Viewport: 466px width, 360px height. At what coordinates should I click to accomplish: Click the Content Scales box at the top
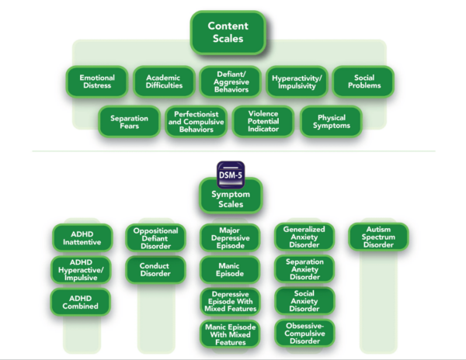228,32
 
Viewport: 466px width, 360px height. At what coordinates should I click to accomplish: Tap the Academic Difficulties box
162,81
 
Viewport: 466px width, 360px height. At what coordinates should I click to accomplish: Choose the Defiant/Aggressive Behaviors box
230,81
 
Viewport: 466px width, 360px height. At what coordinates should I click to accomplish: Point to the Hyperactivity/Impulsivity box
297,81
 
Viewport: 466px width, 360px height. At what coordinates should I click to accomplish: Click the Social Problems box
363,81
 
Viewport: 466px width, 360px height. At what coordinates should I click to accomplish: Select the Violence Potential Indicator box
263,121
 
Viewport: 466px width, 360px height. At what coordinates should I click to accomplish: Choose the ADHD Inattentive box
82,237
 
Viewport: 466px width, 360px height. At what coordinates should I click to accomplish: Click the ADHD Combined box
82,301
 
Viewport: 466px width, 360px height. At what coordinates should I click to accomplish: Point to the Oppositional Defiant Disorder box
155,237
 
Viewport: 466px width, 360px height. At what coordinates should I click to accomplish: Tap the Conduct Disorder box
155,270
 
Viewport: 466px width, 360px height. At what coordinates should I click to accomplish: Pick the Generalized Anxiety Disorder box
304,236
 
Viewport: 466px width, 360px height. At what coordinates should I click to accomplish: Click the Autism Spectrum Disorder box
378,237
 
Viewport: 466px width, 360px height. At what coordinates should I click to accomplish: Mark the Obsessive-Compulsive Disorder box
304,332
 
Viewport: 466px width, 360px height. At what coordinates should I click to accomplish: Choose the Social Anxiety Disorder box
304,300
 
